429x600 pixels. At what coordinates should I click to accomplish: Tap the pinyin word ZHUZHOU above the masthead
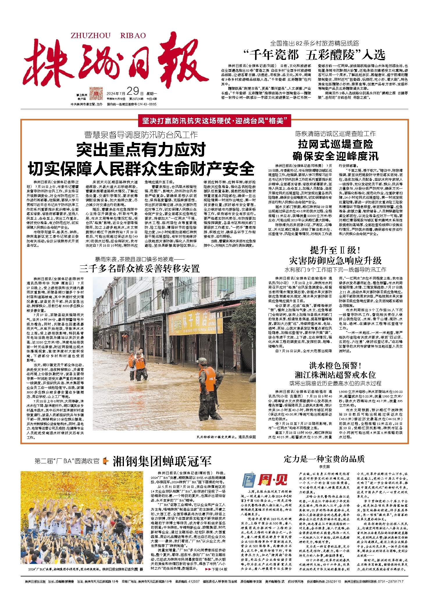(91, 36)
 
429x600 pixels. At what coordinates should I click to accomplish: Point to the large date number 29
(133, 91)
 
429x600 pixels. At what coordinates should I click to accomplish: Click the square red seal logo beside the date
(96, 94)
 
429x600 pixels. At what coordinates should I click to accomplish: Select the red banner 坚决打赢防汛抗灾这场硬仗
(214, 121)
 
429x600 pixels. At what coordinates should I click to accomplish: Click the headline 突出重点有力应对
(141, 150)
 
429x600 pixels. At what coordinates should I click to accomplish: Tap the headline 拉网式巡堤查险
(335, 144)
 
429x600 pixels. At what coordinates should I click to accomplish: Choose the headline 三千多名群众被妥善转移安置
(140, 268)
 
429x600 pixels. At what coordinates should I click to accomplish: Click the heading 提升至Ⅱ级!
(335, 250)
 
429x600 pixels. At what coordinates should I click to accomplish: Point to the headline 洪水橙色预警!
(335, 366)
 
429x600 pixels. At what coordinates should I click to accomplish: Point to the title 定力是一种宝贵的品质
(324, 459)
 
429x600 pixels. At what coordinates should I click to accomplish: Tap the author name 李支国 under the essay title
(324, 467)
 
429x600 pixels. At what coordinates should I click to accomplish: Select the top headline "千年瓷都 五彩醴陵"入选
(314, 55)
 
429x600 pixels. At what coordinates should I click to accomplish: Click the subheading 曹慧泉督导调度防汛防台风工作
(141, 135)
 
